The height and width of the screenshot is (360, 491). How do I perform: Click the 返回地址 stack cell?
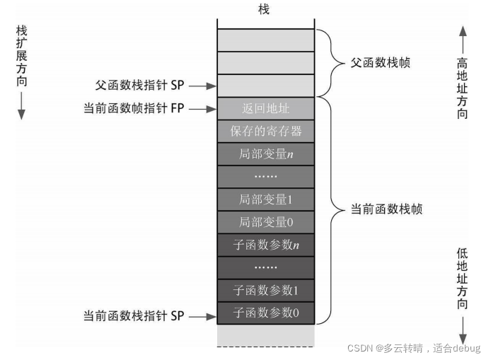[265, 109]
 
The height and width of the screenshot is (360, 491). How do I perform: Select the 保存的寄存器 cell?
[265, 131]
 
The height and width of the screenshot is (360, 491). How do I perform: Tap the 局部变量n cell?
[265, 153]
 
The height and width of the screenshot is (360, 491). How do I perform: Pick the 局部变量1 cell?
[265, 199]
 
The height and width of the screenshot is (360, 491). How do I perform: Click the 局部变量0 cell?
[265, 222]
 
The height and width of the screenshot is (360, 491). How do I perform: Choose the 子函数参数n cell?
[265, 245]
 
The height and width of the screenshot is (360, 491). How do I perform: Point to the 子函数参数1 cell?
[265, 290]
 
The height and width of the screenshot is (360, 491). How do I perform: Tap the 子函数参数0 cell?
[265, 313]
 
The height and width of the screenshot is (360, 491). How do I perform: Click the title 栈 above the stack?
[265, 9]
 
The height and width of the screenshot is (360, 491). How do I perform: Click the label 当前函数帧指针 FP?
[134, 109]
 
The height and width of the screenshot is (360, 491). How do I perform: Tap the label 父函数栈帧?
[380, 63]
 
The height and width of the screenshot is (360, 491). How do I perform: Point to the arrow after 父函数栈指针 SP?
[201, 86]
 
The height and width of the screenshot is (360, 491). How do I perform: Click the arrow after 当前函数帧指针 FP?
[201, 109]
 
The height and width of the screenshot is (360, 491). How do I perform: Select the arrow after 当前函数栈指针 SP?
[201, 316]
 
